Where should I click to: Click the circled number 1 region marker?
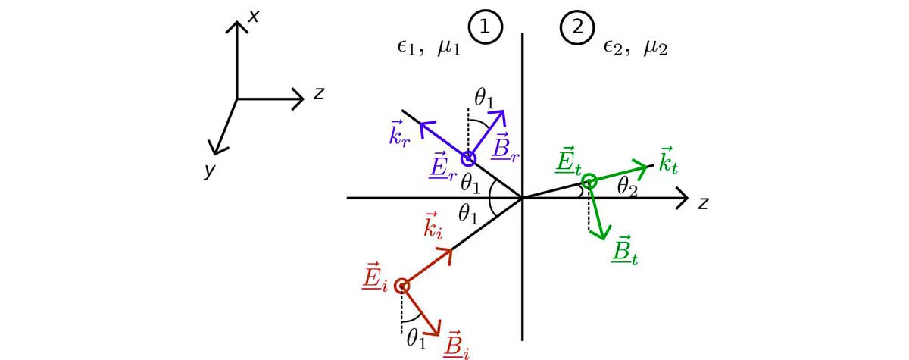tap(486, 28)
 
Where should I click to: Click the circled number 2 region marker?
tap(577, 28)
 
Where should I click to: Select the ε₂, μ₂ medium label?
tap(635, 49)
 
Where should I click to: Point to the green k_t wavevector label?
tap(667, 160)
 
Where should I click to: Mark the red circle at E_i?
tap(402, 286)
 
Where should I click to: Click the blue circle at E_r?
tap(468, 158)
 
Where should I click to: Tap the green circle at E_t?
tap(589, 181)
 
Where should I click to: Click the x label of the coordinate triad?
tap(255, 14)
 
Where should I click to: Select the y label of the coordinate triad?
tap(209, 171)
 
